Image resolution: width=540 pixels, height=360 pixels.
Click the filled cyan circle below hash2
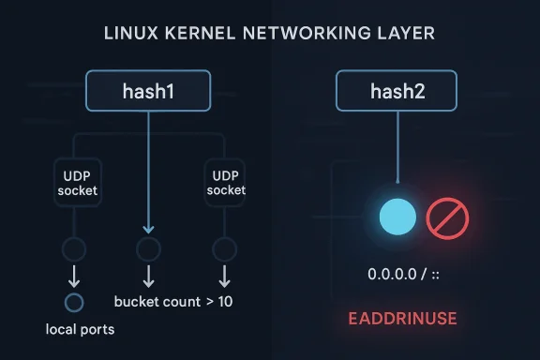pos(397,217)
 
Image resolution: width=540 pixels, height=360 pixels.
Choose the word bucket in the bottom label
pos(138,303)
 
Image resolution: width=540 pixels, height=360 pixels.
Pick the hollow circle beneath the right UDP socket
pos(223,248)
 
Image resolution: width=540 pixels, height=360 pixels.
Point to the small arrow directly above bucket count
pos(145,278)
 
